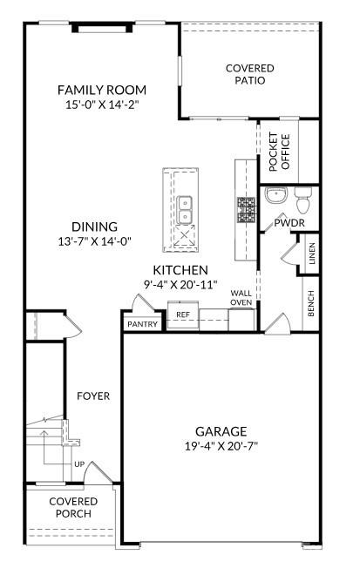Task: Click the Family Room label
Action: tap(101, 90)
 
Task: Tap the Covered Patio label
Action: tap(249, 74)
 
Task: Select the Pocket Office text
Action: tap(278, 151)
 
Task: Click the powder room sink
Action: tap(275, 194)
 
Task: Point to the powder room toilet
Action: tap(303, 201)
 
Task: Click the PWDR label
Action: tap(289, 223)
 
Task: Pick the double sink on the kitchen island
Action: tap(185, 210)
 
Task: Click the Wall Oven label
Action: tap(241, 298)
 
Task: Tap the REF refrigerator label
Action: tap(183, 315)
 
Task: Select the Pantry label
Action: tap(142, 324)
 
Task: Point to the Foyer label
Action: tap(92, 396)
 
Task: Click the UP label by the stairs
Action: tap(78, 464)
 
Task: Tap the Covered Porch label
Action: tap(73, 507)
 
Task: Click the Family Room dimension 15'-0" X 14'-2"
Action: tap(101, 105)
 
